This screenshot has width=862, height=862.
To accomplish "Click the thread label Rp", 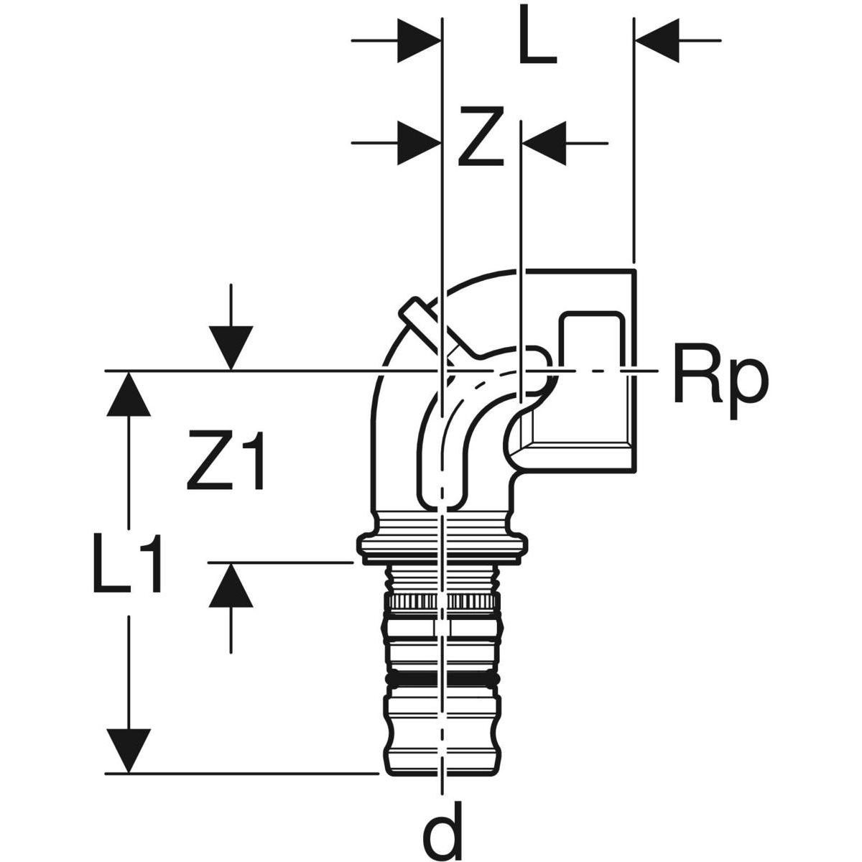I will [x=720, y=379].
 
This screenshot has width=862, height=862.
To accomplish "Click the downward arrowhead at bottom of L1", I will [x=129, y=751].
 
